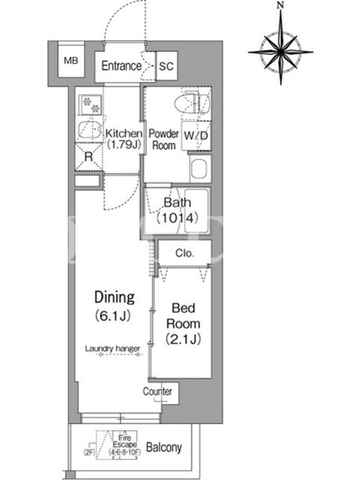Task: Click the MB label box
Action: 71,61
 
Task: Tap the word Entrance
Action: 122,66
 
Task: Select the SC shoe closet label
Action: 166,66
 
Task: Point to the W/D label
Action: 196,136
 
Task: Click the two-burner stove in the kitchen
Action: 91,104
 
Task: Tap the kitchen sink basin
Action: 89,130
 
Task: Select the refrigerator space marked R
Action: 89,157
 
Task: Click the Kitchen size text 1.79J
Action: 124,145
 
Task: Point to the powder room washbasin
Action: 200,169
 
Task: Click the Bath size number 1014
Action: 177,218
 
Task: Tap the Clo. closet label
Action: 185,253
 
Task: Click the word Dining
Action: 115,297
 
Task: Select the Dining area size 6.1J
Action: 113,316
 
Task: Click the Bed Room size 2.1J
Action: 184,339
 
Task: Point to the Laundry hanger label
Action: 112,349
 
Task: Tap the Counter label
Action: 157,391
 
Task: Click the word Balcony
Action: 164,447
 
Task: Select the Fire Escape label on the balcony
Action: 125,442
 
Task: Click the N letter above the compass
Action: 280,5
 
